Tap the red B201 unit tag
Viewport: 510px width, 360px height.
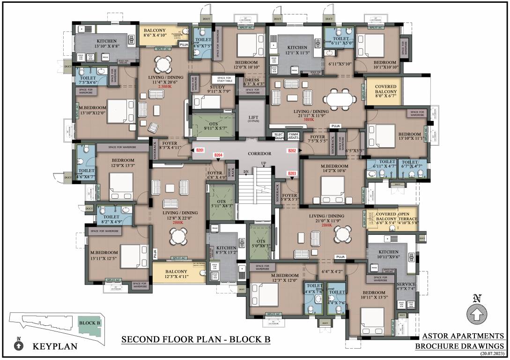pyautogui.click(x=200, y=150)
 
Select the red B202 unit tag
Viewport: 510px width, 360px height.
pyautogui.click(x=292, y=150)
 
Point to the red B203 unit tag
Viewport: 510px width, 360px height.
pyautogui.click(x=292, y=174)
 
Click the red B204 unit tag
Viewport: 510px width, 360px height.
pyautogui.click(x=218, y=155)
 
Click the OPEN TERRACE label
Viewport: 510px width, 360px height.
pyautogui.click(x=408, y=219)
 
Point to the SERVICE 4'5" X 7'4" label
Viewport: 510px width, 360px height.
pyautogui.click(x=406, y=286)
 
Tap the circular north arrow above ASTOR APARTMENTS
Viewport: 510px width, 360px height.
pyautogui.click(x=477, y=314)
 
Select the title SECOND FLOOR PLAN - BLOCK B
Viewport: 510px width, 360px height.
pyautogui.click(x=196, y=339)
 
